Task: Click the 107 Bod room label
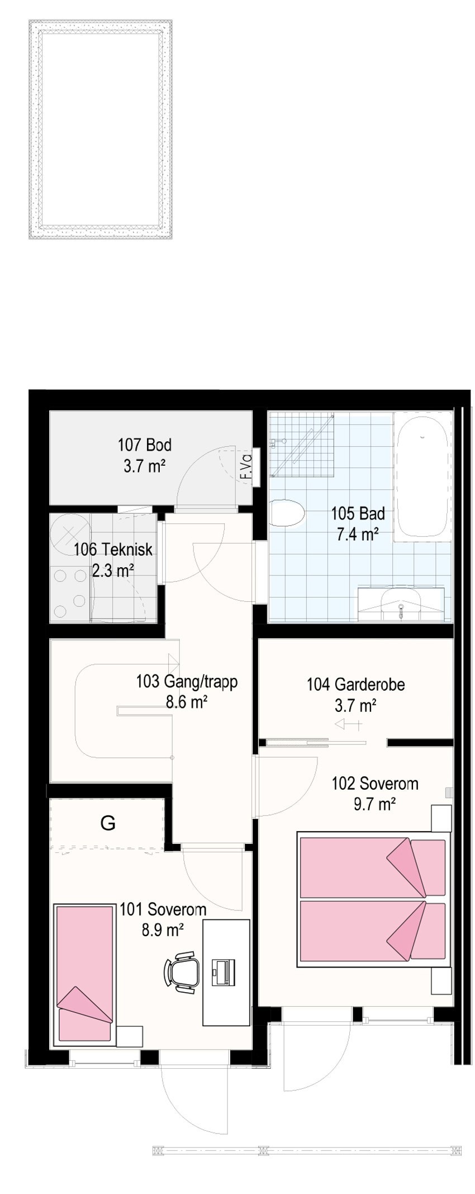click(x=144, y=445)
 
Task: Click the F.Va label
click(x=245, y=467)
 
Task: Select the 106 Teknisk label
click(x=113, y=550)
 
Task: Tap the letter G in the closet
click(x=107, y=823)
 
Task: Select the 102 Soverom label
click(x=374, y=783)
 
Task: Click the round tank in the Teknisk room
click(x=71, y=531)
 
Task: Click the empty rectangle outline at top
click(x=101, y=130)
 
